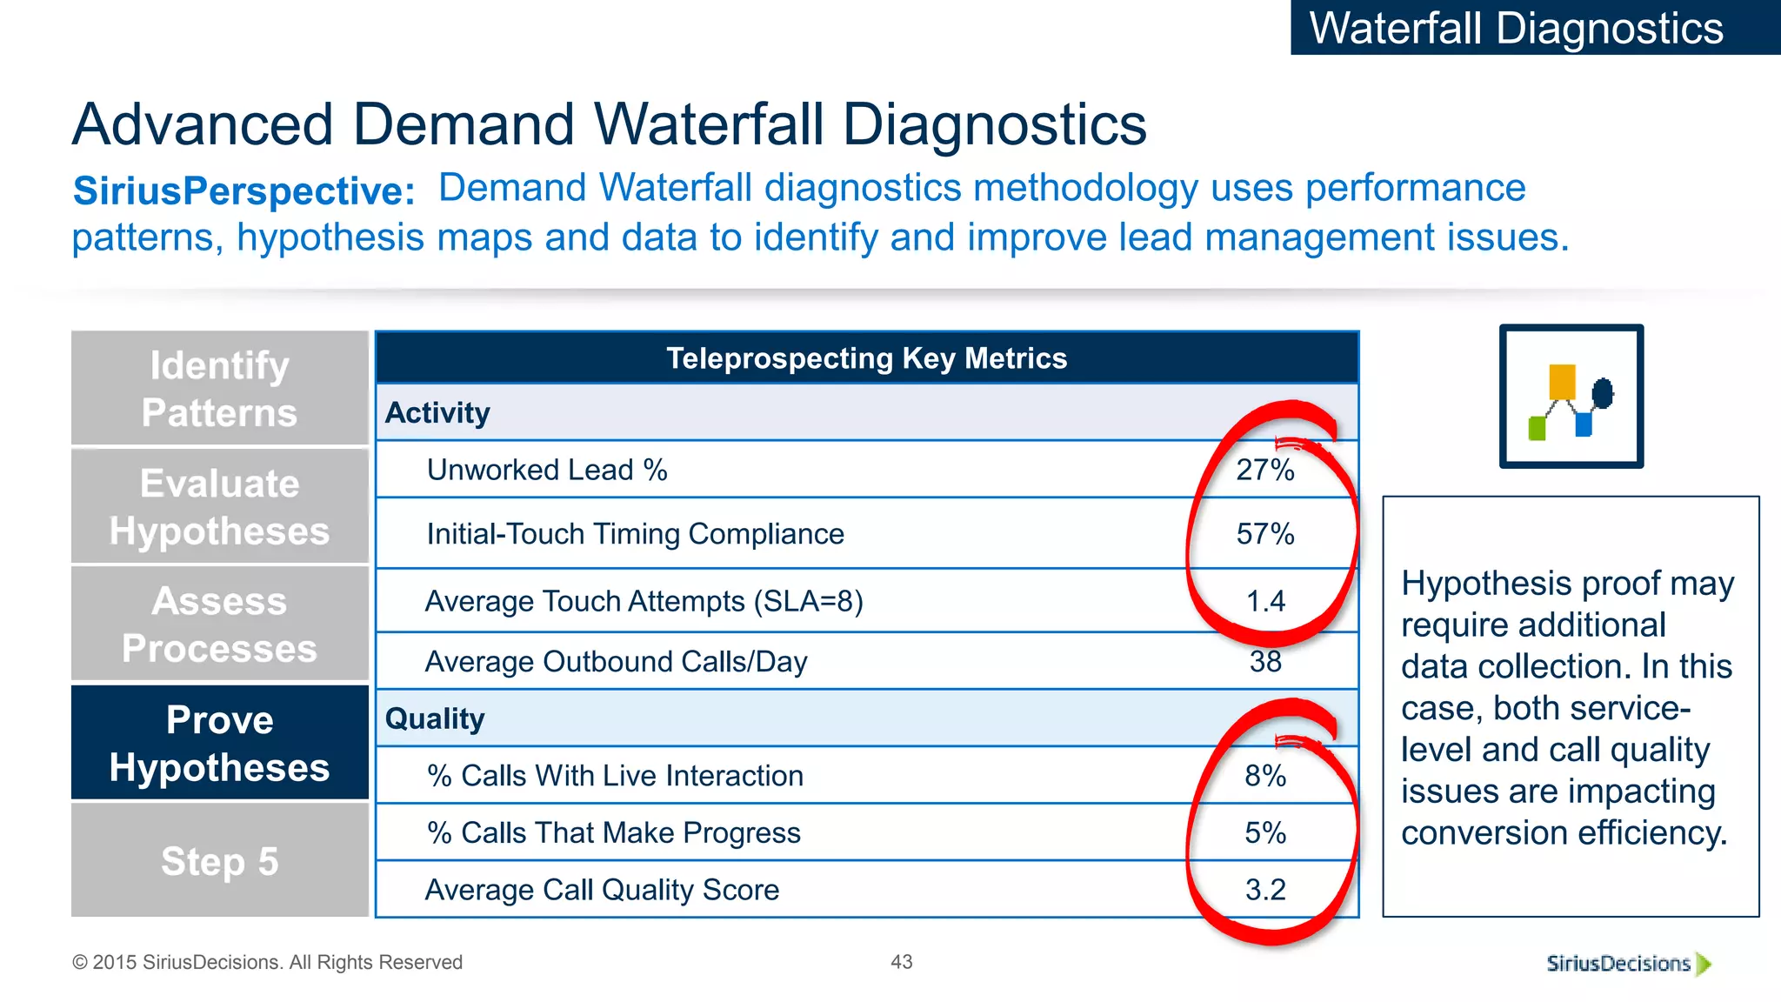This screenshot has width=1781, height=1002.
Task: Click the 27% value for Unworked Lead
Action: coord(1265,471)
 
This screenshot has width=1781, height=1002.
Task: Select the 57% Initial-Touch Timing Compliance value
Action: coord(1265,534)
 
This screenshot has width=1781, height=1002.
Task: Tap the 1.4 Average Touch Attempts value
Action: coord(1265,601)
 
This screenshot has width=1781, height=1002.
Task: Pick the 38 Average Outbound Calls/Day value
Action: coord(1265,662)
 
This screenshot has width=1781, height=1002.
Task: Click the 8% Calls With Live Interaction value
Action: coord(1265,776)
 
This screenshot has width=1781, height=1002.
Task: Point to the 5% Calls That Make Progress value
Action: coord(1265,833)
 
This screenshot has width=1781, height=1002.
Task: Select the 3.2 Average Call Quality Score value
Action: coord(1265,890)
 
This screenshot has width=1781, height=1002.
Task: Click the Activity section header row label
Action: coord(437,412)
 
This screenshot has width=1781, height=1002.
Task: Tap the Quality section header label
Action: coord(435,718)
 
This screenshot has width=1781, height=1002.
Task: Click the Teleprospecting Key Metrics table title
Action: coord(866,358)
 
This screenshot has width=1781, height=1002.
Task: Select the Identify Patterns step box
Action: coord(220,389)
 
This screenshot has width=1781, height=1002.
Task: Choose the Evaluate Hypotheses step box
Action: coord(220,507)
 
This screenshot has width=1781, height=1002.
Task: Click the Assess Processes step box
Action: coord(220,625)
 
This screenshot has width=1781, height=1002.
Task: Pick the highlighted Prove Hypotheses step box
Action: coord(220,744)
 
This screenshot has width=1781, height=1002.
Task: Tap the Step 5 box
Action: coord(220,861)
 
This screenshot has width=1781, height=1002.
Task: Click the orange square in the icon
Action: coord(1562,382)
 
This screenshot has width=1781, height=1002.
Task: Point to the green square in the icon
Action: coord(1537,429)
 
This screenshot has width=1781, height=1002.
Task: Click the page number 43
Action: coord(902,962)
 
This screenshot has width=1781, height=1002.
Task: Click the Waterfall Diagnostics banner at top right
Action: coord(1517,28)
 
